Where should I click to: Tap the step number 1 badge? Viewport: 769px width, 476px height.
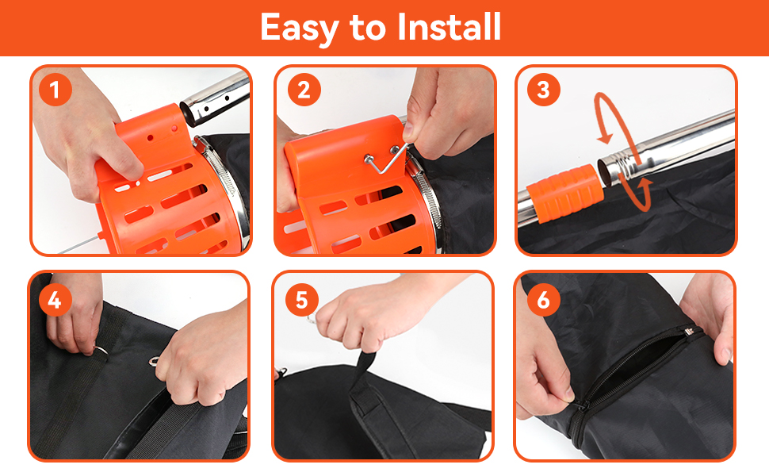pos(55,90)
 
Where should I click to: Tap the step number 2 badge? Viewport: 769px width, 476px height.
pos(304,90)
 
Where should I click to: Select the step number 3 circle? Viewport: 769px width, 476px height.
pos(543,90)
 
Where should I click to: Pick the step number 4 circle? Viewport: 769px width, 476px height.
pos(55,300)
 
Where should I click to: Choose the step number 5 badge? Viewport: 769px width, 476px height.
pos(301,300)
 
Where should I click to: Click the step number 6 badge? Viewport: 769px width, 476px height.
pos(543,300)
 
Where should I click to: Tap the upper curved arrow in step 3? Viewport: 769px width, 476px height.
pos(609,117)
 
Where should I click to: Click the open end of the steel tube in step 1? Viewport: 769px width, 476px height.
pos(189,113)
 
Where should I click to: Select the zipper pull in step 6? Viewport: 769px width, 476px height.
pos(580,406)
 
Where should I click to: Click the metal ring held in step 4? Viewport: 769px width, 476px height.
pos(101,351)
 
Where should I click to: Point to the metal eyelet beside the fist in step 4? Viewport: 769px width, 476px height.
pos(154,362)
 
